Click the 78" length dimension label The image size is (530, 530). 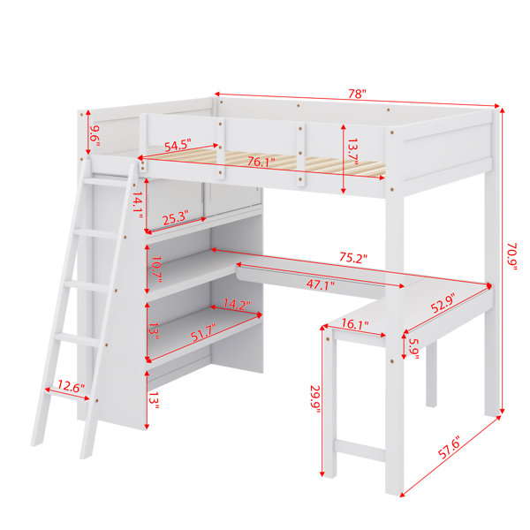(x=357, y=94)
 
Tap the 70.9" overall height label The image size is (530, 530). (x=511, y=256)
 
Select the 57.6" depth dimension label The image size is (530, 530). (x=450, y=447)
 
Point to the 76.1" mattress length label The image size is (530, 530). (x=261, y=162)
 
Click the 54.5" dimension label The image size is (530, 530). (x=178, y=145)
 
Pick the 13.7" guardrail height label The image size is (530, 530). (x=352, y=151)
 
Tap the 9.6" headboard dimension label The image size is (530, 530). (x=95, y=135)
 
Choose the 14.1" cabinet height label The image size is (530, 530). (x=137, y=205)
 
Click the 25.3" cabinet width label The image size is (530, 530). (x=175, y=218)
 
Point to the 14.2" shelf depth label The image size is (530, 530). (x=237, y=304)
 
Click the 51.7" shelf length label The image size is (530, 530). (x=203, y=332)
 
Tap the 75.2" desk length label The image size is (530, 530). (x=353, y=258)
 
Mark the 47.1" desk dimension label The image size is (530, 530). (x=321, y=284)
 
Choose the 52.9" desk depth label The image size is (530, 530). (x=443, y=302)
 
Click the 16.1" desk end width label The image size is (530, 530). (x=355, y=324)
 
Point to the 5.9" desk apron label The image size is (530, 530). (x=413, y=349)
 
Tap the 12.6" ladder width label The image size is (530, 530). (x=72, y=386)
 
